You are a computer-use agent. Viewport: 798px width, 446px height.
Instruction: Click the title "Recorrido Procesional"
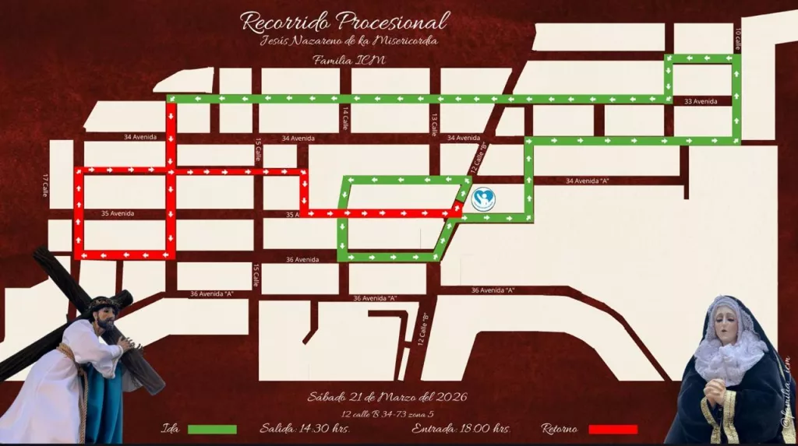tap(344, 22)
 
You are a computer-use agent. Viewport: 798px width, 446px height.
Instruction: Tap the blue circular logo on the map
tap(483, 200)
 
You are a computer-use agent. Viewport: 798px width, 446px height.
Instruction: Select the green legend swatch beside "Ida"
tap(212, 429)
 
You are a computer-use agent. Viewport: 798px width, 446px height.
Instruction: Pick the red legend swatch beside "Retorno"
tap(613, 429)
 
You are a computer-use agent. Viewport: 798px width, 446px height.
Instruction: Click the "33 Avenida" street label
tap(700, 101)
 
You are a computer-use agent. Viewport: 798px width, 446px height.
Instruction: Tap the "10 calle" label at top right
tap(738, 37)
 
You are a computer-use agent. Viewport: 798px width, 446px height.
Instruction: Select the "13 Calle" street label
tap(433, 123)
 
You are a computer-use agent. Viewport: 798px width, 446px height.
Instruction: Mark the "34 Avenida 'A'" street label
tap(587, 181)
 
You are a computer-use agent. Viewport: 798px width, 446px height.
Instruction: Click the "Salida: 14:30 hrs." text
tap(305, 428)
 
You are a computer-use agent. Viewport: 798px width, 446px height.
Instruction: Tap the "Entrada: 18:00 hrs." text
tap(461, 428)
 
